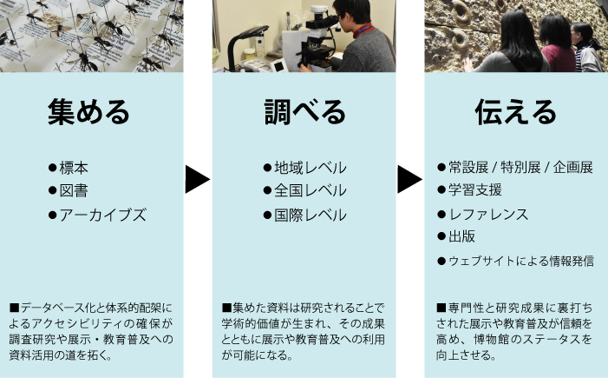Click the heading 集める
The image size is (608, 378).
coord(88,112)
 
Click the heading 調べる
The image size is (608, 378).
coord(304,112)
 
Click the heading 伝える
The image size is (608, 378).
coord(515,112)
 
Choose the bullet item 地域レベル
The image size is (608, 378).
coord(310,168)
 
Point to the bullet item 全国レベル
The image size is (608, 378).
coord(310,190)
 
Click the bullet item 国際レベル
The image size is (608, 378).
coord(310,215)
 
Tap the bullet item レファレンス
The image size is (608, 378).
coord(487,215)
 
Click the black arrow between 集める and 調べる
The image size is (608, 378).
coord(197,179)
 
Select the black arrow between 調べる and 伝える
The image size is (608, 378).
coord(409,179)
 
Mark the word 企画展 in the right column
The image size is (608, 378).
coord(573,168)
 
